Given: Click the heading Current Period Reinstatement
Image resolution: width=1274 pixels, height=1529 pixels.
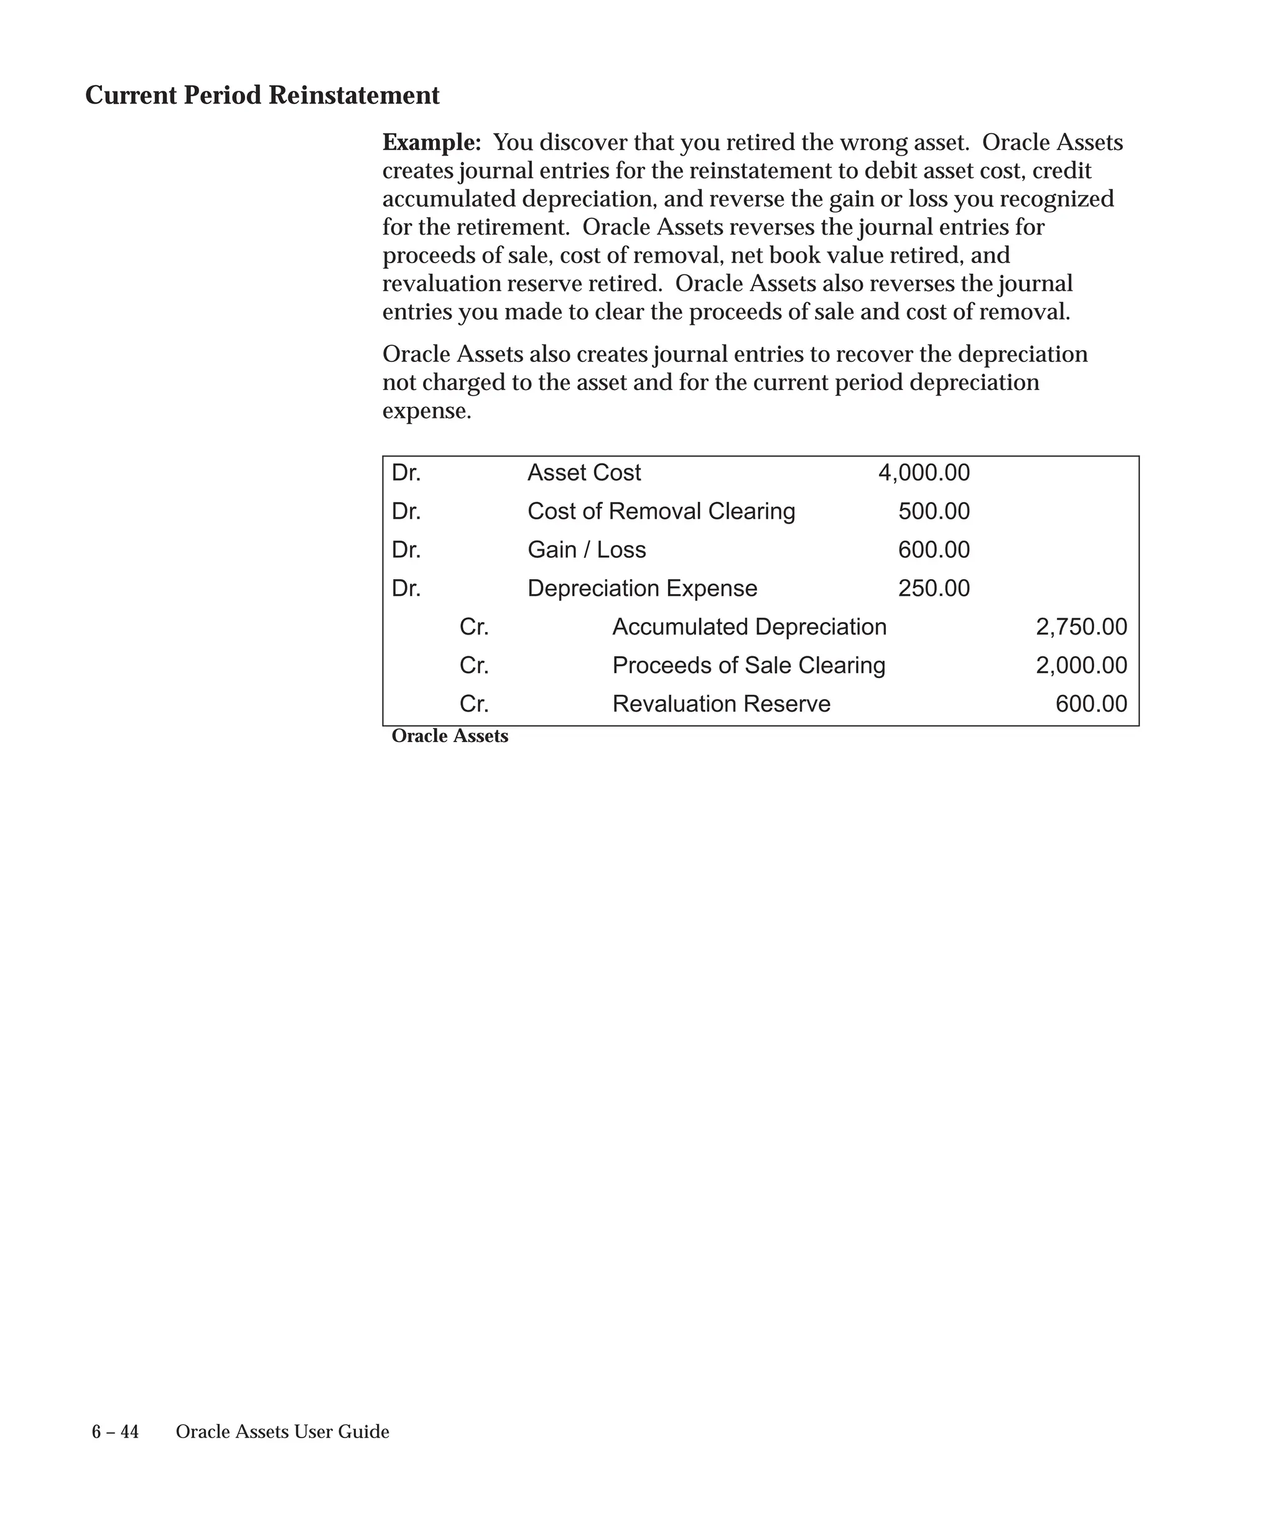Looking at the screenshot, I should (262, 95).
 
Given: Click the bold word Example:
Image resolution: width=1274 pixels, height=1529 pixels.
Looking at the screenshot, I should (432, 142).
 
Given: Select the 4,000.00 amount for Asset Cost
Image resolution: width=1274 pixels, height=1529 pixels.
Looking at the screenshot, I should (923, 473).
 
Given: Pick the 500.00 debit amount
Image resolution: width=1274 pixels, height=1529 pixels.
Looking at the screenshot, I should (933, 511).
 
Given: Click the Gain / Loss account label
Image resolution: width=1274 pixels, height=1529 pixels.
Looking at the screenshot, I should (586, 550).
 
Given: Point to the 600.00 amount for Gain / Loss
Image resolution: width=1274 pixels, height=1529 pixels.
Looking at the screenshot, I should (933, 550).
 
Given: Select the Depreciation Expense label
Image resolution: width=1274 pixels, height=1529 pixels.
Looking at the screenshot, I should (641, 588).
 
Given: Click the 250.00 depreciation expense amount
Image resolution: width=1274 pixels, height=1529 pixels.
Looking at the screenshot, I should (933, 588).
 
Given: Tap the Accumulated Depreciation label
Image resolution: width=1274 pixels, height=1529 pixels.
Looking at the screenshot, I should (748, 627).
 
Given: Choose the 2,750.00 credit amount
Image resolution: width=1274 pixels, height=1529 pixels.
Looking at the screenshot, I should (1081, 627).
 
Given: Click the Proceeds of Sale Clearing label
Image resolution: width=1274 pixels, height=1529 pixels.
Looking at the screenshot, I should (748, 666).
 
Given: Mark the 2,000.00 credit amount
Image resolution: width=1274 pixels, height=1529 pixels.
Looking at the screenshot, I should (1081, 666).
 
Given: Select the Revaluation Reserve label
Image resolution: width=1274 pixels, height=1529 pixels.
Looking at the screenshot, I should (721, 704).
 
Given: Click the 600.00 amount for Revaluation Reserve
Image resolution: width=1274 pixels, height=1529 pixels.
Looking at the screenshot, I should (1090, 704).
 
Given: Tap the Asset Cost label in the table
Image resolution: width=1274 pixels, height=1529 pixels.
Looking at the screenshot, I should (584, 473).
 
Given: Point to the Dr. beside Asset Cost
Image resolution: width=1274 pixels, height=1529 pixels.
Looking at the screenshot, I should (406, 473).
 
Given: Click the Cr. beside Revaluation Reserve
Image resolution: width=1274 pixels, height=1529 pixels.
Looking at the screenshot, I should (474, 704).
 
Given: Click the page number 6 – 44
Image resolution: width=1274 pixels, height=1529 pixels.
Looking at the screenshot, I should (115, 1432).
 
